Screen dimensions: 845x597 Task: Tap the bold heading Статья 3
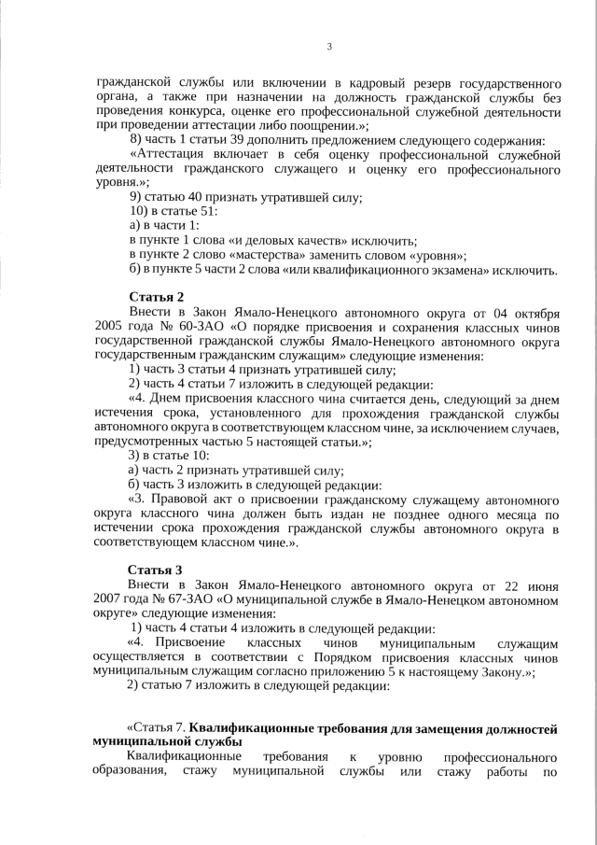click(x=155, y=570)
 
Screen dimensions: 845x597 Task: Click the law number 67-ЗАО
click(x=190, y=600)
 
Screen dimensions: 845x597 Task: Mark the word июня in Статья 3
click(x=538, y=584)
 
